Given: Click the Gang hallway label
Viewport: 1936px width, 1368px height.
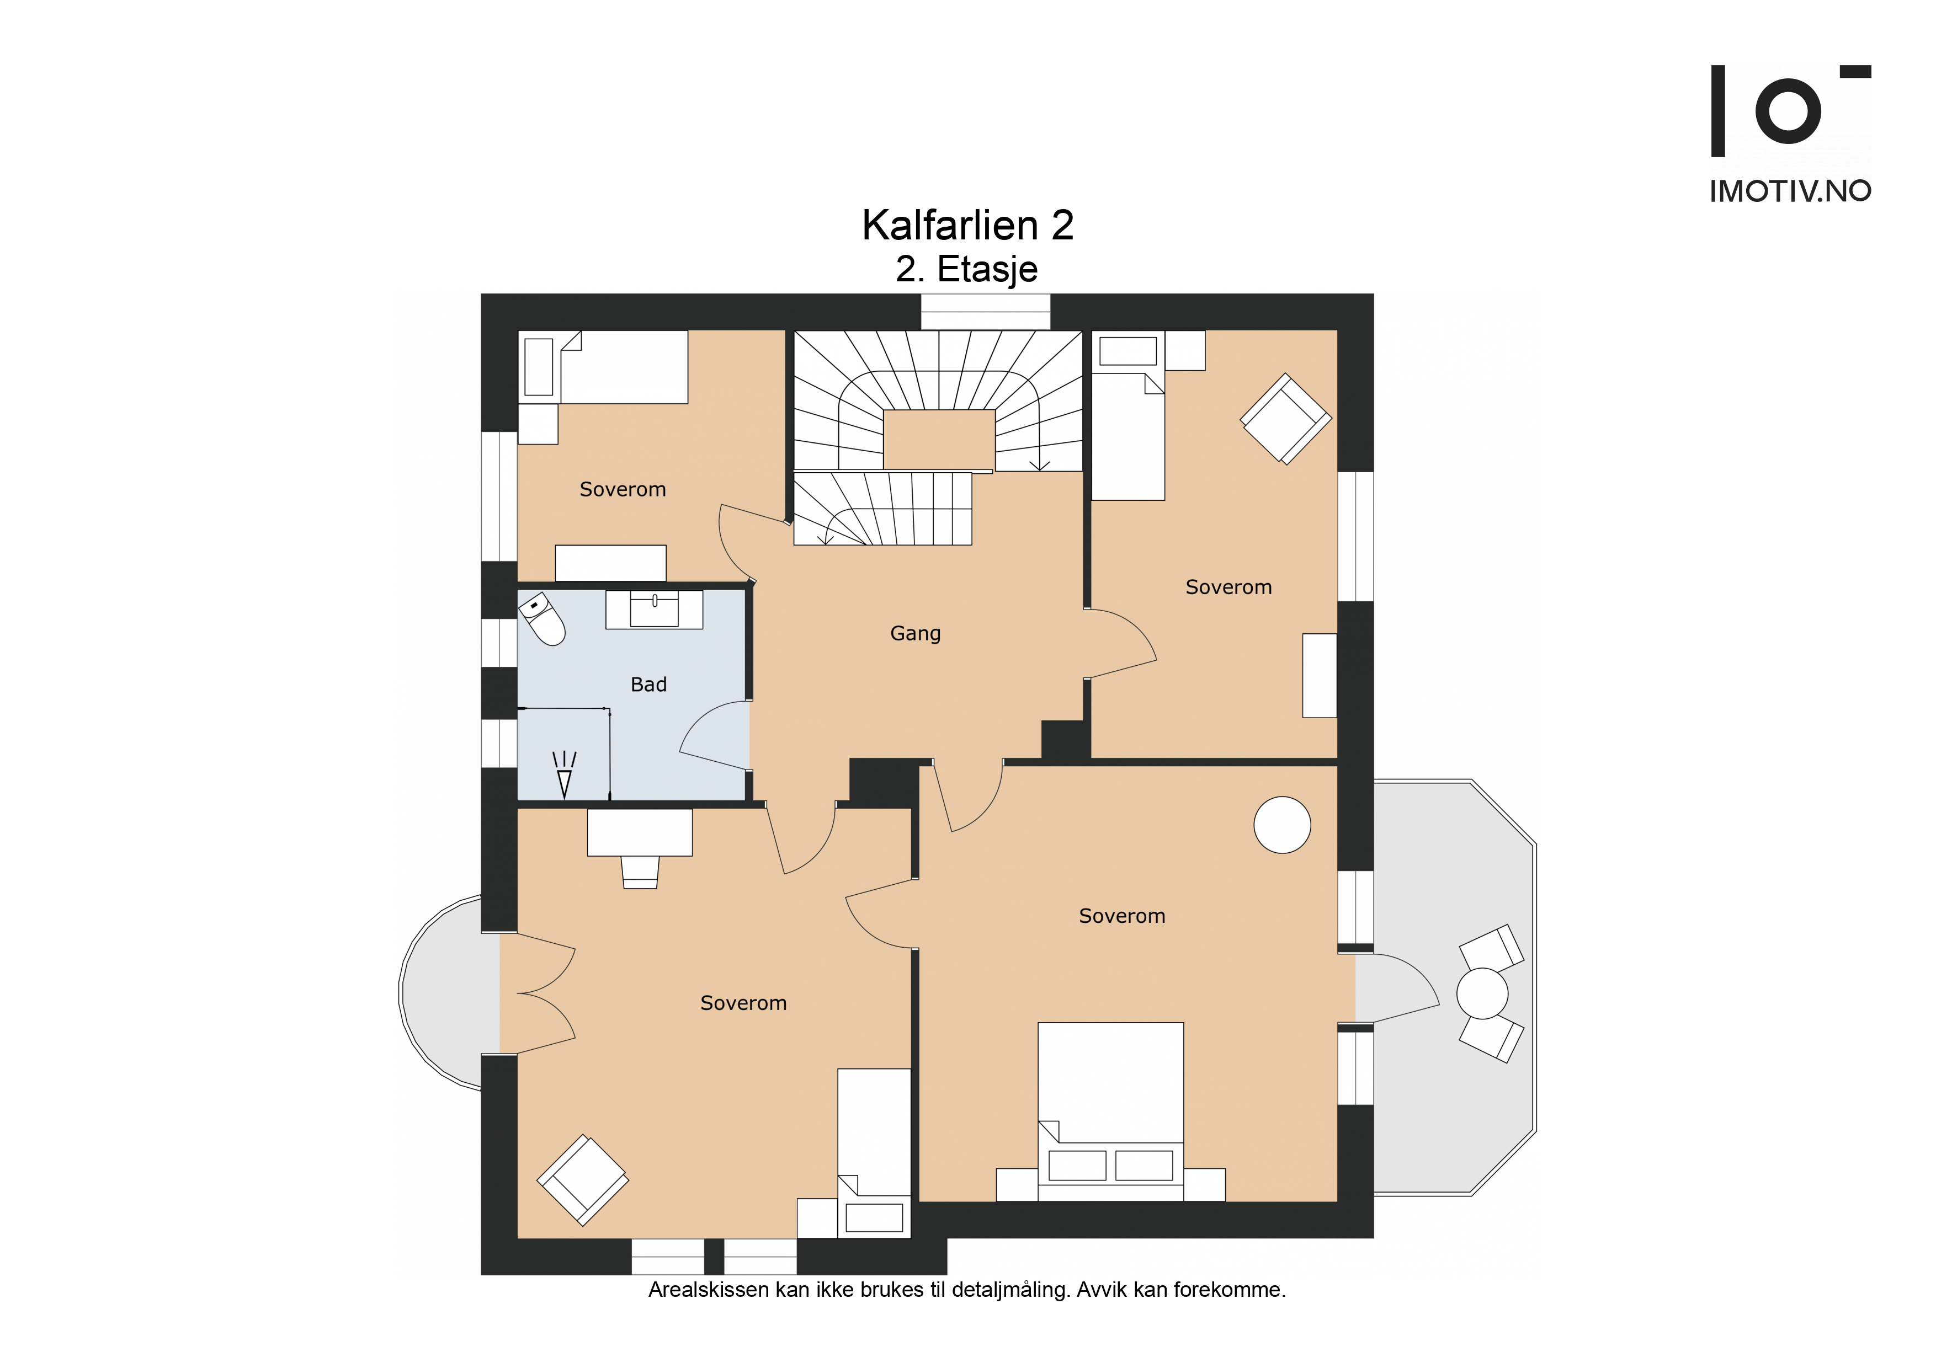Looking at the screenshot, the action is coord(915,633).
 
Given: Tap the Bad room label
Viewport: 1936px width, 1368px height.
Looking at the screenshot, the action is coord(648,685).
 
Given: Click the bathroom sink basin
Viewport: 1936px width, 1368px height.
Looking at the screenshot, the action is coord(655,608).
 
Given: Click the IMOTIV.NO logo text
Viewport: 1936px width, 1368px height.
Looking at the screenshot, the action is coord(1790,191).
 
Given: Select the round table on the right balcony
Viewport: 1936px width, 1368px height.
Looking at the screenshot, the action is coord(1482,994).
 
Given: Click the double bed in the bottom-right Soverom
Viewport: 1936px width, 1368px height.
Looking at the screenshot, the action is coord(1110,1111).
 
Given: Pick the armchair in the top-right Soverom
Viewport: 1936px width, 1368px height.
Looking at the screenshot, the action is coord(1285,419).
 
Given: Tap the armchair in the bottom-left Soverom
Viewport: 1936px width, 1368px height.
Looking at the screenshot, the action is coord(583,1180).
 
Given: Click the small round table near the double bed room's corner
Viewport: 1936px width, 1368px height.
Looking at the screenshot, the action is coord(1281,825).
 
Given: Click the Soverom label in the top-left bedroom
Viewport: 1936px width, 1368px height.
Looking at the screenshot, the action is coord(623,490).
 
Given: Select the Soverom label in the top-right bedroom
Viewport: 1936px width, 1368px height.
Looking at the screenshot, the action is coord(1228,587).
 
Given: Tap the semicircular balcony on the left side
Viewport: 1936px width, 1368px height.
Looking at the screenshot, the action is coord(447,993).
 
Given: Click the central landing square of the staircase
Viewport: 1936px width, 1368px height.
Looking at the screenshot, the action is coord(939,439).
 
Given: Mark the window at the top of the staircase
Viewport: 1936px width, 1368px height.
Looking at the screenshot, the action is coord(985,312).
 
